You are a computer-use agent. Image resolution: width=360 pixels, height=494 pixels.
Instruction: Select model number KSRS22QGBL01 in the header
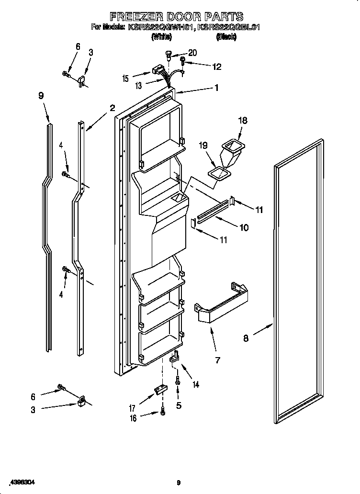coord(229,28)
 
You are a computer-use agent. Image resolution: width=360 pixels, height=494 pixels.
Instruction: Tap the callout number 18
coord(243,121)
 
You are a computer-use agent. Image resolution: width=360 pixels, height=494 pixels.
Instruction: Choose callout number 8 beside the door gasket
coord(246,338)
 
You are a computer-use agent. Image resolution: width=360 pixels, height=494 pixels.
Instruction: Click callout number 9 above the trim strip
coord(41,95)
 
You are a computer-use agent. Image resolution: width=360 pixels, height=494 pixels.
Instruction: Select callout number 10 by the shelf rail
coord(244,227)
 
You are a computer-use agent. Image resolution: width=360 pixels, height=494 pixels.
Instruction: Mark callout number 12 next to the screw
coord(216,67)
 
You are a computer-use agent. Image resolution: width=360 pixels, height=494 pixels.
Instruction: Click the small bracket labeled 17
coord(160,392)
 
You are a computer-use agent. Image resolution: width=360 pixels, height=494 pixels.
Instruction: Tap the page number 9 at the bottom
coord(179,483)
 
